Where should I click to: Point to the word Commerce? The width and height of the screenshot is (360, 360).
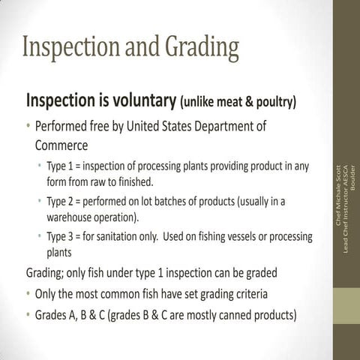pos(61,143)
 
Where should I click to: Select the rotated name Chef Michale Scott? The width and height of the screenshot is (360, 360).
pos(337,195)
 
